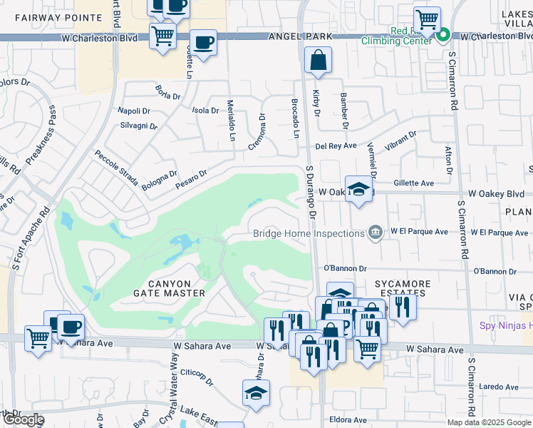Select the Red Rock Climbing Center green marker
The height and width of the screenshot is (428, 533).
443,34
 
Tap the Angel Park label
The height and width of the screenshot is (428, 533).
294,36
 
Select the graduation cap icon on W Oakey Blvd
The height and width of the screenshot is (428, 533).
359,189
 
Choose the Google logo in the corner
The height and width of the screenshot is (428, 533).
24,419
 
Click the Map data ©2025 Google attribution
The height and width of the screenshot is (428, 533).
489,422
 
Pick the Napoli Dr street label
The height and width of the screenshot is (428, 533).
134,111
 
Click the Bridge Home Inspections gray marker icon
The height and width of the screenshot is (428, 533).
375,232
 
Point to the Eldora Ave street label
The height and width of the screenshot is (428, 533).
348,419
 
